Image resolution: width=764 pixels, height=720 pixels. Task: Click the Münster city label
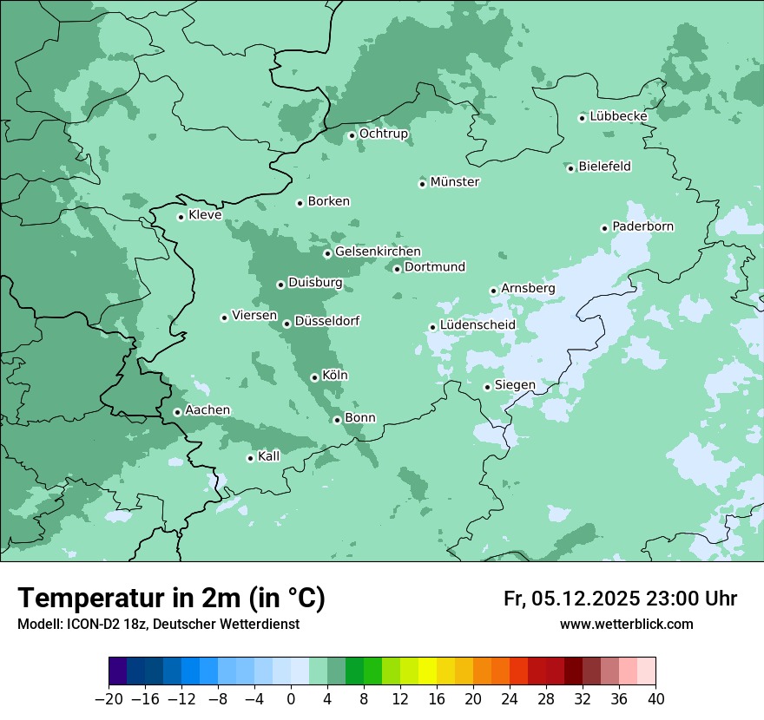pos(455,182)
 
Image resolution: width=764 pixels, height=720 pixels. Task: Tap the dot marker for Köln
pos(314,377)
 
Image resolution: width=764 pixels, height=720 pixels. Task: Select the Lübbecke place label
pos(618,116)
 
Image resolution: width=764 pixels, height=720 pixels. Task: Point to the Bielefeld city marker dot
pos(571,168)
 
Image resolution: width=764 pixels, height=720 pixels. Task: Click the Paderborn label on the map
pos(642,226)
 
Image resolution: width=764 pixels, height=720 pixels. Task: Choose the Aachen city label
pos(207,410)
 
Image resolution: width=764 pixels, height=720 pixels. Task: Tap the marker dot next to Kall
pos(250,458)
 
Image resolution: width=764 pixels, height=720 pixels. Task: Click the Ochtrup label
pos(384,134)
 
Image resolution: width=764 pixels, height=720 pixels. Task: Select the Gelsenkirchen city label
pos(378,252)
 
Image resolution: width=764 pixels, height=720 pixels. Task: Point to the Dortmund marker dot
pos(397,269)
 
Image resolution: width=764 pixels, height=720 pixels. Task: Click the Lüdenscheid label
pos(477,325)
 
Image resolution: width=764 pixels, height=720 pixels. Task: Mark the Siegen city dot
pos(487,387)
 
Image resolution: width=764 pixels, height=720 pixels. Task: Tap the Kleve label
pos(205,215)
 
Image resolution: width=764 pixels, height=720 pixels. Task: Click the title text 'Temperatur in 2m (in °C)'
pos(172,599)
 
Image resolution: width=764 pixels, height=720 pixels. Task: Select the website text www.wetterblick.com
pos(626,625)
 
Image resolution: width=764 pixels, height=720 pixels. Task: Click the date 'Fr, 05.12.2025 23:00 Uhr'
pos(620,599)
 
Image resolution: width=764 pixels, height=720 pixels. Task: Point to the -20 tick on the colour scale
pos(109,699)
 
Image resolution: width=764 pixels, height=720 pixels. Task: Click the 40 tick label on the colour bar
pos(655,699)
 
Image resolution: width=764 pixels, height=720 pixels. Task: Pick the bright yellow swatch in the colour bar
pos(427,672)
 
